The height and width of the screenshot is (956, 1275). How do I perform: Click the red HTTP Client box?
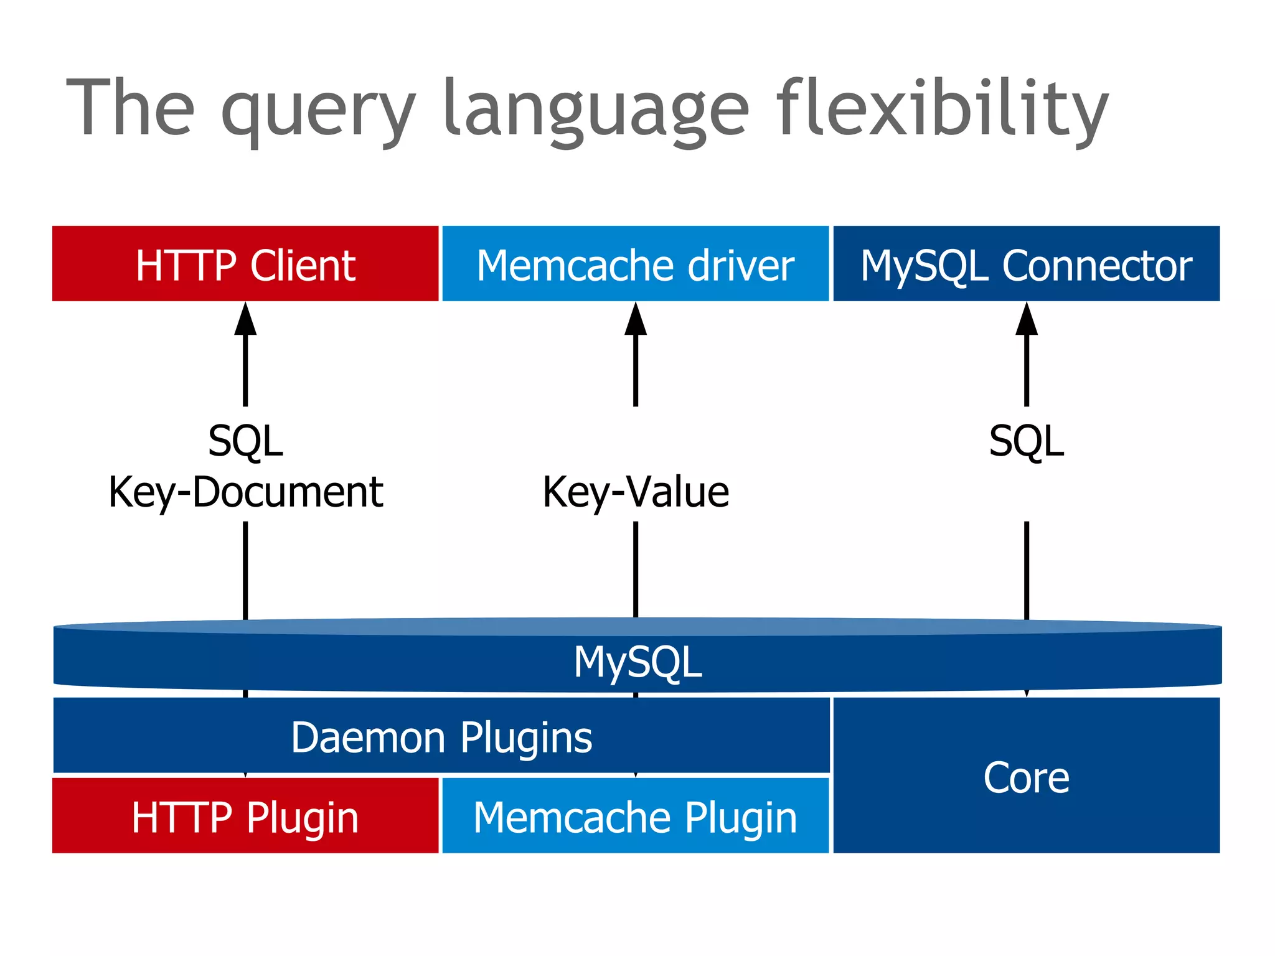pos(245,264)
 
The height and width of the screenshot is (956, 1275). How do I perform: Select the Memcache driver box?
pos(635,264)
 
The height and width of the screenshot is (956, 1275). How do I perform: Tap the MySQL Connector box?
pos(1026,264)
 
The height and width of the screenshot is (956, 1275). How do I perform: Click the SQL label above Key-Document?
pos(245,441)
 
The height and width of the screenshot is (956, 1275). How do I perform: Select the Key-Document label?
pos(245,492)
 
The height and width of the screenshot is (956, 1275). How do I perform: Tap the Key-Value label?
pos(636,492)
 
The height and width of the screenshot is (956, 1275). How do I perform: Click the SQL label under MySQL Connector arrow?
pos(1027,441)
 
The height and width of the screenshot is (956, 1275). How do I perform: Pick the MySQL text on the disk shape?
pos(637,662)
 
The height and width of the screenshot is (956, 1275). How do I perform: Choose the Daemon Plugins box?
pos(441,737)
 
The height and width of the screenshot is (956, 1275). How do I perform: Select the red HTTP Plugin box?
pos(245,817)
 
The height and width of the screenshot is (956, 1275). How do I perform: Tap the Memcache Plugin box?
pos(635,817)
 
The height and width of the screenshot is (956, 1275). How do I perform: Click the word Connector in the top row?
pos(1097,265)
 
